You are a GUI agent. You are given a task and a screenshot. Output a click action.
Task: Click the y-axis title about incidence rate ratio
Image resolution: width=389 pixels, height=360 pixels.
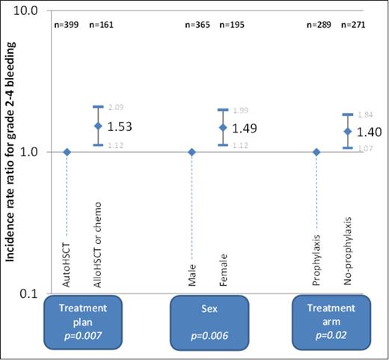tap(11, 150)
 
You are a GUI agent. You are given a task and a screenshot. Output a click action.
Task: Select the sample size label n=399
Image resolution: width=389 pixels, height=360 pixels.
tap(69, 25)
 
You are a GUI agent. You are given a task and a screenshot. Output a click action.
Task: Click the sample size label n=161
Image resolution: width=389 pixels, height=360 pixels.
tap(102, 25)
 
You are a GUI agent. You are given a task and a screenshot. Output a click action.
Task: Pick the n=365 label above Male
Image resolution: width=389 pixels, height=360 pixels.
tap(198, 25)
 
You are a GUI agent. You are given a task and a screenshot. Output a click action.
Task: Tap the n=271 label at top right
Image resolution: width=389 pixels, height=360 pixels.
tap(355, 25)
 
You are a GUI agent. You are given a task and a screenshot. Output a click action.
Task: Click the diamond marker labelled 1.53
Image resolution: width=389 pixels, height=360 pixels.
tap(97, 126)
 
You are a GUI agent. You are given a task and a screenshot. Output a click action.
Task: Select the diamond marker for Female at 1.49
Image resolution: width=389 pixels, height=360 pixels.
tap(222, 127)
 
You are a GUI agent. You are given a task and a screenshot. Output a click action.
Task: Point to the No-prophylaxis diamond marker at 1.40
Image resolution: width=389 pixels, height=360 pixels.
tap(347, 131)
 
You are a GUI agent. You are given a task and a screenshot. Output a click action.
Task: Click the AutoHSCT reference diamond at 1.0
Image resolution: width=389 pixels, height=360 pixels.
tap(67, 151)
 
